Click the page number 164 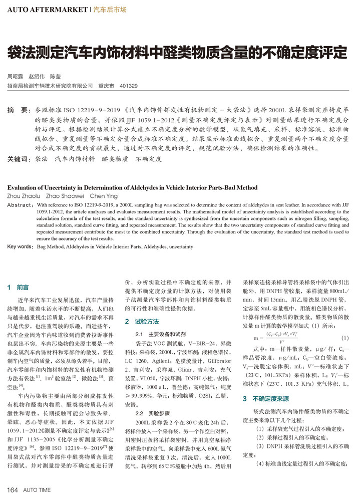coord(12,489)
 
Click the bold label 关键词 coord(19,159)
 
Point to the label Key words coord(20,246)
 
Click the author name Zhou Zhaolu coord(24,196)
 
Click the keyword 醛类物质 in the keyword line coord(115,159)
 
